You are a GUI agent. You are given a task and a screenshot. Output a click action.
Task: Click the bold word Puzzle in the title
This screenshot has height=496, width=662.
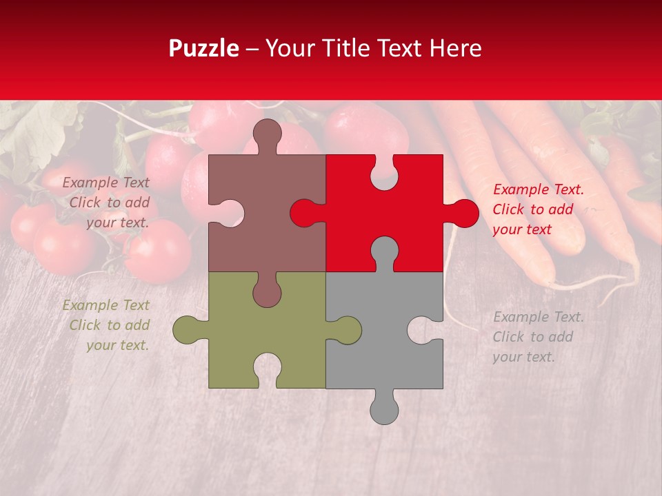[x=204, y=48]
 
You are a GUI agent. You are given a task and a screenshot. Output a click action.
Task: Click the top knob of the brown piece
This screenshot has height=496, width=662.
[x=268, y=134]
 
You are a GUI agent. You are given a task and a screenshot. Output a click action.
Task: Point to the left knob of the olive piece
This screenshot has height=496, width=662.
[x=187, y=330]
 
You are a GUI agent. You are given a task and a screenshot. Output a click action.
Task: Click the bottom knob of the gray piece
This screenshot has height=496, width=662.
[x=384, y=409]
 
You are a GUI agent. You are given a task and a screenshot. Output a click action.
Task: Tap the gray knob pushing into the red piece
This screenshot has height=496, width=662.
[x=384, y=251]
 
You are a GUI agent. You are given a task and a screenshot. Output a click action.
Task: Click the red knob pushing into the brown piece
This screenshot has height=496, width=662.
[x=304, y=213]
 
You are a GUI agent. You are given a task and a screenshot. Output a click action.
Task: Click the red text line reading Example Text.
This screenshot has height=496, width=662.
[x=538, y=189]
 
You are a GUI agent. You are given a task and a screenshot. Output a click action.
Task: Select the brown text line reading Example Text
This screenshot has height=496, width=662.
[x=106, y=183]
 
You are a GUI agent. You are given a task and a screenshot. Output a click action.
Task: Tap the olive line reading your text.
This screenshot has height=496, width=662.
[x=117, y=345]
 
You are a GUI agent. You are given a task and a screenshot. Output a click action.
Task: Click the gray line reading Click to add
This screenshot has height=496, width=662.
[x=532, y=337]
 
